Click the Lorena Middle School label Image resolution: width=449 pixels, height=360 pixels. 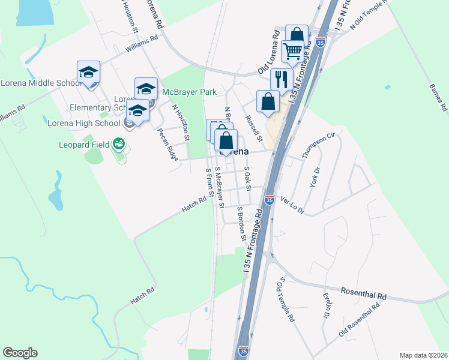pyautogui.click(x=41, y=83)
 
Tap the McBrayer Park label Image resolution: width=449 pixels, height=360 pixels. pyautogui.click(x=189, y=92)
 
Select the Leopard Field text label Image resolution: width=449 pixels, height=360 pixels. pyautogui.click(x=85, y=145)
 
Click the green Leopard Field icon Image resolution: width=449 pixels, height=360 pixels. pyautogui.click(x=119, y=145)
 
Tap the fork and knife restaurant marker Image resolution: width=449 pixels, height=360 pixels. pyautogui.click(x=281, y=79)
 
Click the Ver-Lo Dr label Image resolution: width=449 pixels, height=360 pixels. pyautogui.click(x=293, y=206)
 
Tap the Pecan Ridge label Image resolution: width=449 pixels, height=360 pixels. pyautogui.click(x=167, y=144)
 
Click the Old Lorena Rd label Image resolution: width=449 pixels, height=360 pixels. pyautogui.click(x=270, y=57)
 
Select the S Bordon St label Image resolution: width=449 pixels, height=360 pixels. pyautogui.click(x=241, y=224)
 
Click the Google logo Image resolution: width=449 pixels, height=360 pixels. pyautogui.click(x=20, y=353)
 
